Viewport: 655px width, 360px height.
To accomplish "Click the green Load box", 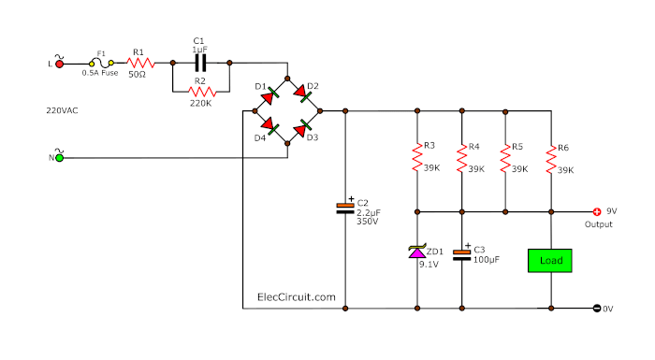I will [x=551, y=260].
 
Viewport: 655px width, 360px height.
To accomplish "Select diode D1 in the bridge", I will [x=270, y=95].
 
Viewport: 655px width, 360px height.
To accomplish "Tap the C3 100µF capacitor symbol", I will [x=460, y=252].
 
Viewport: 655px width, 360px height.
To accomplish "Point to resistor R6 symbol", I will [x=551, y=158].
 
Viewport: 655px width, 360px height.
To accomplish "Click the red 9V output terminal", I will [x=597, y=211].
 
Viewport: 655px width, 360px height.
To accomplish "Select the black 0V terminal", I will [x=597, y=308].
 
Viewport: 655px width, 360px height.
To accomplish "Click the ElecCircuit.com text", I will [x=296, y=296].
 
